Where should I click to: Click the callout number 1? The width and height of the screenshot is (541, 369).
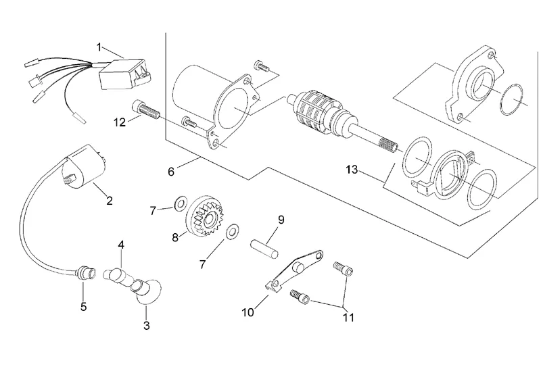click(x=99, y=47)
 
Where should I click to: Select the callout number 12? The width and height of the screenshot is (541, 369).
click(x=120, y=122)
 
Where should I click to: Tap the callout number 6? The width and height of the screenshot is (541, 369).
click(x=171, y=172)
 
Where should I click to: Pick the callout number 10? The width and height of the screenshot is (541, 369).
click(x=248, y=312)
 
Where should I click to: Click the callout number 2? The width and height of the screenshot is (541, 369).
click(x=110, y=201)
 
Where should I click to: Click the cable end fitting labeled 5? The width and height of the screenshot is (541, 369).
click(x=85, y=273)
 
